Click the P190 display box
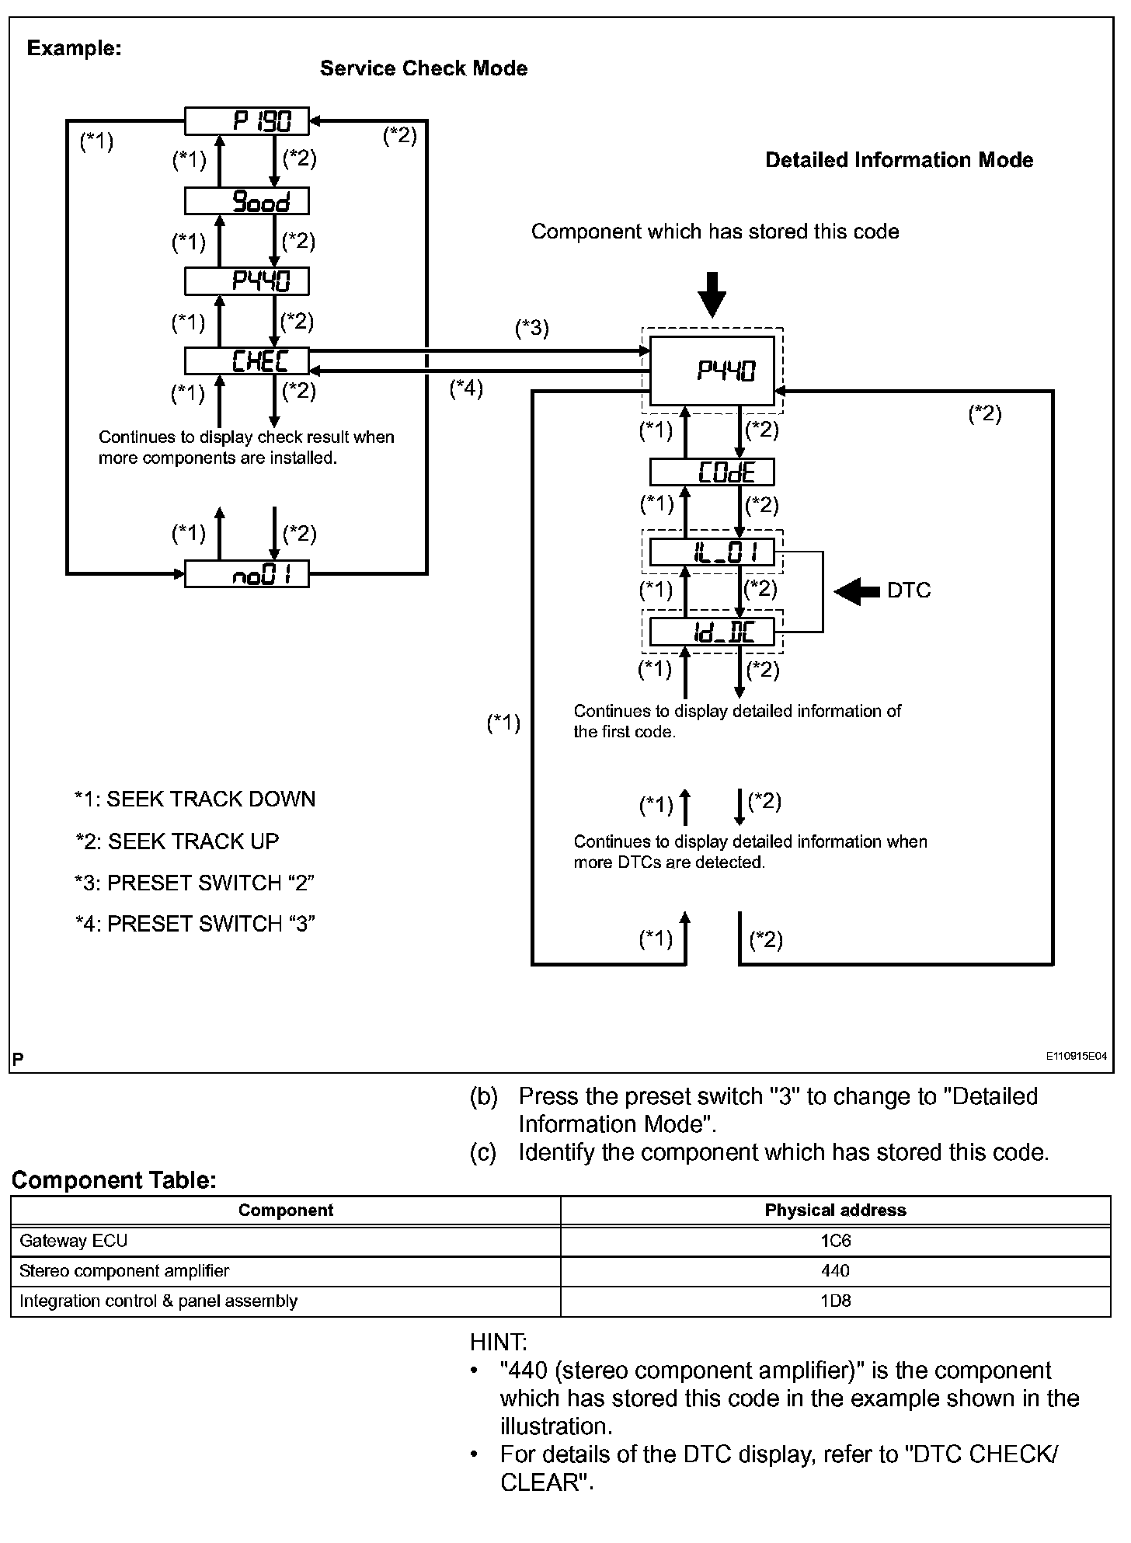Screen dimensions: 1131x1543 (x=246, y=120)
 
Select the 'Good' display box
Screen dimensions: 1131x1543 (x=246, y=201)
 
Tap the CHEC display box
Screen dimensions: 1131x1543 (x=246, y=360)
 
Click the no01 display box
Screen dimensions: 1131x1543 (x=246, y=574)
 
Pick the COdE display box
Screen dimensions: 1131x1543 (x=712, y=472)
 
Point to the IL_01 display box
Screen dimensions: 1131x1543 (x=712, y=552)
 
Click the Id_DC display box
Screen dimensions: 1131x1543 (x=712, y=632)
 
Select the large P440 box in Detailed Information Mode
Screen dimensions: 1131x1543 (x=712, y=371)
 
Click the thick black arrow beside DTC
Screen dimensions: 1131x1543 (x=858, y=591)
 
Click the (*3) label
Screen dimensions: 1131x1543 (x=532, y=328)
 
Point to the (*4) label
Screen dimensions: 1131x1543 (x=466, y=388)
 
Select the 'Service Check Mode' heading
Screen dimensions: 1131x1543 (x=423, y=68)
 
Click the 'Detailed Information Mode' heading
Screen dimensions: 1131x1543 (x=899, y=160)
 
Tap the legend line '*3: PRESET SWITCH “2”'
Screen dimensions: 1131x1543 (x=194, y=883)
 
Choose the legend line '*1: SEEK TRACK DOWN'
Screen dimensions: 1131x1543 (x=195, y=799)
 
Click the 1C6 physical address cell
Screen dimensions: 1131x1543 (x=836, y=1241)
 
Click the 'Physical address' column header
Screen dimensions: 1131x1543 (x=836, y=1210)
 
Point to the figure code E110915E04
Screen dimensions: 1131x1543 (x=1076, y=1056)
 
